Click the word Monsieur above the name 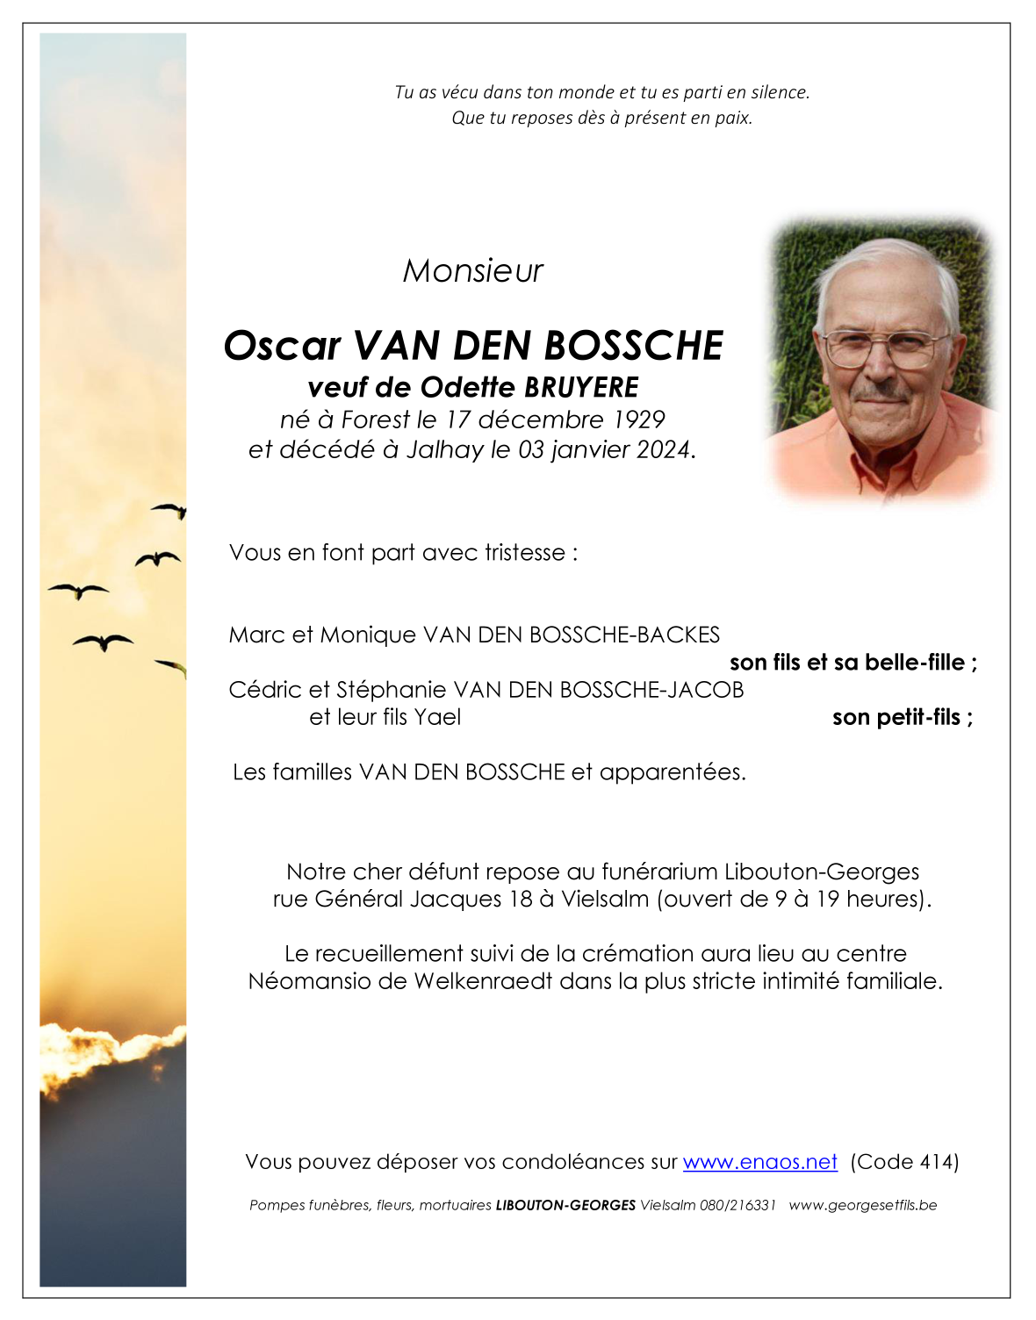coord(472,271)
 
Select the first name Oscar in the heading coord(281,346)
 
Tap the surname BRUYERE coord(581,387)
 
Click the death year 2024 coord(664,449)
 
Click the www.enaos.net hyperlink coord(759,1162)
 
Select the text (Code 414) coord(904,1162)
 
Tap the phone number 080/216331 coord(737,1205)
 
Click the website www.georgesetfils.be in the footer coord(862,1205)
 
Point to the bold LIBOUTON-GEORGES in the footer coord(565,1205)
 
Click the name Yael coord(437,717)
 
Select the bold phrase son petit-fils coord(897,717)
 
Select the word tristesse coord(525,553)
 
